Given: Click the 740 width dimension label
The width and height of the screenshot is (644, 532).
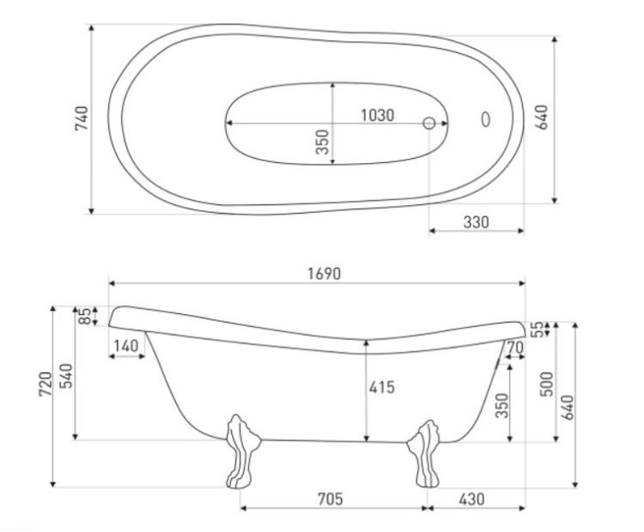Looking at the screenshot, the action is (x=82, y=118).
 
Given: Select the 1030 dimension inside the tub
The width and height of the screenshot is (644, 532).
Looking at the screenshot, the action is (x=378, y=115).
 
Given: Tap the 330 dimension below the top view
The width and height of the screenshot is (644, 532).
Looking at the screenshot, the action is (x=476, y=222).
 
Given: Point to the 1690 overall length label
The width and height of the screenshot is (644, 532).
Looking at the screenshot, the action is (x=324, y=274).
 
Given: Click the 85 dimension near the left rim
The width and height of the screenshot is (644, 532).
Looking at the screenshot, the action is (x=85, y=316).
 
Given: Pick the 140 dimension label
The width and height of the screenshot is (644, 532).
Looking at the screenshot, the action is (x=126, y=346).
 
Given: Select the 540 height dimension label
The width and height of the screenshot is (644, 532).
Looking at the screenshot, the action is (x=66, y=376).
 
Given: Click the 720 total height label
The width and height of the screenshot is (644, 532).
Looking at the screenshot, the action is (x=46, y=384).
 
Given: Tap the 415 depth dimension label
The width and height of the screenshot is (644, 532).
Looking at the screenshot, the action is (x=381, y=387).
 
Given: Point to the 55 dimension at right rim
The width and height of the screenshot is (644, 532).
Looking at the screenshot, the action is (x=537, y=329).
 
